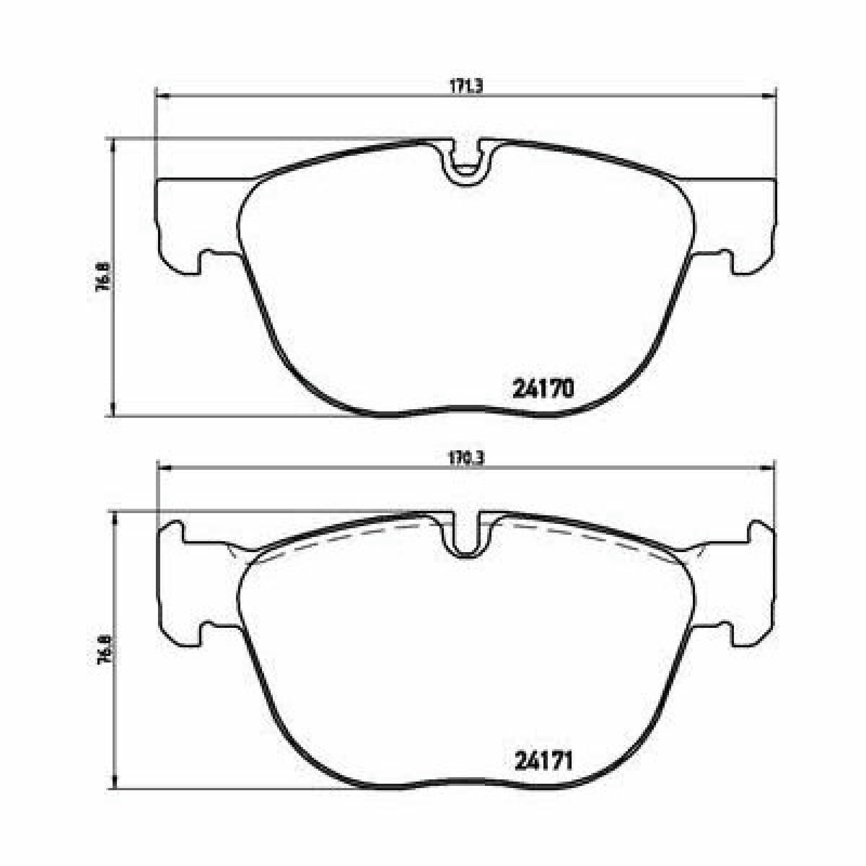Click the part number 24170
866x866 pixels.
point(543,389)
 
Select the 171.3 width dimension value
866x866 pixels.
point(465,87)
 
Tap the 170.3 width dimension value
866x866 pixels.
point(465,458)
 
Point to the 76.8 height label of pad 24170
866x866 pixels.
point(102,277)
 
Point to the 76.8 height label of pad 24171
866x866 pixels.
point(104,649)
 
